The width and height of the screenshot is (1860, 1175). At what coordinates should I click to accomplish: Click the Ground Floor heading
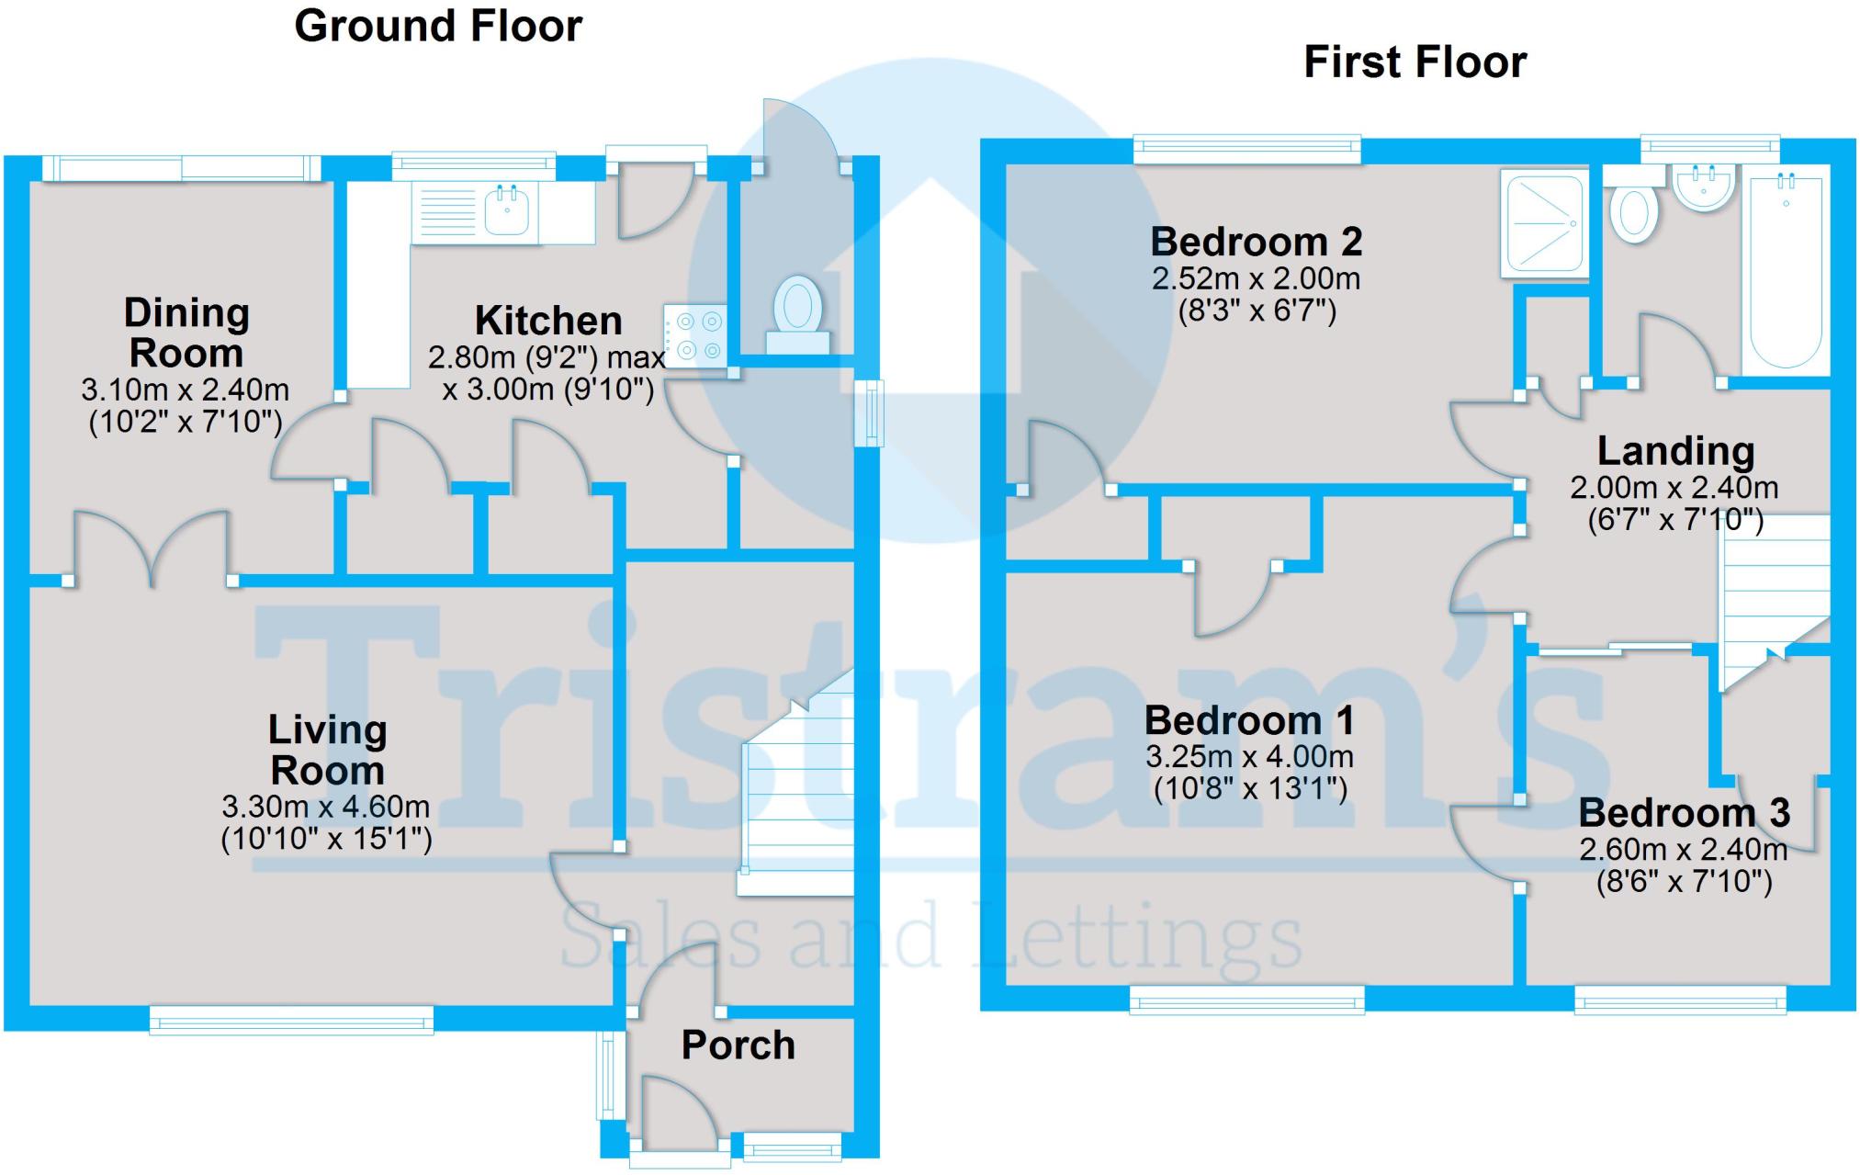click(x=438, y=26)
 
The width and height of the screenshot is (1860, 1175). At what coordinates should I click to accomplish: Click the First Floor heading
click(x=1415, y=62)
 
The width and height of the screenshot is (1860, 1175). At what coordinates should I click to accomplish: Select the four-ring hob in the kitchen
click(x=695, y=336)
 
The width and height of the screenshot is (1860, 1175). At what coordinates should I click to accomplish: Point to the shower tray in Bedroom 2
click(x=1543, y=222)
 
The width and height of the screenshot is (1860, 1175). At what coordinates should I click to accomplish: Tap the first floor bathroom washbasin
click(x=1704, y=188)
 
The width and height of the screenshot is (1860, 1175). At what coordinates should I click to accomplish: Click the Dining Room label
click(x=186, y=333)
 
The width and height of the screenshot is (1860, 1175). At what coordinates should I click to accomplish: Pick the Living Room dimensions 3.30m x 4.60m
click(x=326, y=808)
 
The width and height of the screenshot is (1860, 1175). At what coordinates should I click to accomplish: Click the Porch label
click(x=738, y=1045)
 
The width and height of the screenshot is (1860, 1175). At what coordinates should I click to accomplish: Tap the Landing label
click(x=1675, y=451)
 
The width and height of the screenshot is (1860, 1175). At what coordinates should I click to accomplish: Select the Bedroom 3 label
click(x=1684, y=813)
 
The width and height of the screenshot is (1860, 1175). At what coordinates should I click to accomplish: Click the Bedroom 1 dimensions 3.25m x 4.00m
click(x=1249, y=757)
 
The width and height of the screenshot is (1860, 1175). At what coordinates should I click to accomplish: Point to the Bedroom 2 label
click(x=1256, y=243)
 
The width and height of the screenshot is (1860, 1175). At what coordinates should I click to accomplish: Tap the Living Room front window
click(x=291, y=1020)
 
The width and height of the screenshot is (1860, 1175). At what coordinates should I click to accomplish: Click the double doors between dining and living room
click(x=151, y=549)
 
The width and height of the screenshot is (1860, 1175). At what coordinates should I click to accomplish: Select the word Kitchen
click(x=548, y=322)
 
